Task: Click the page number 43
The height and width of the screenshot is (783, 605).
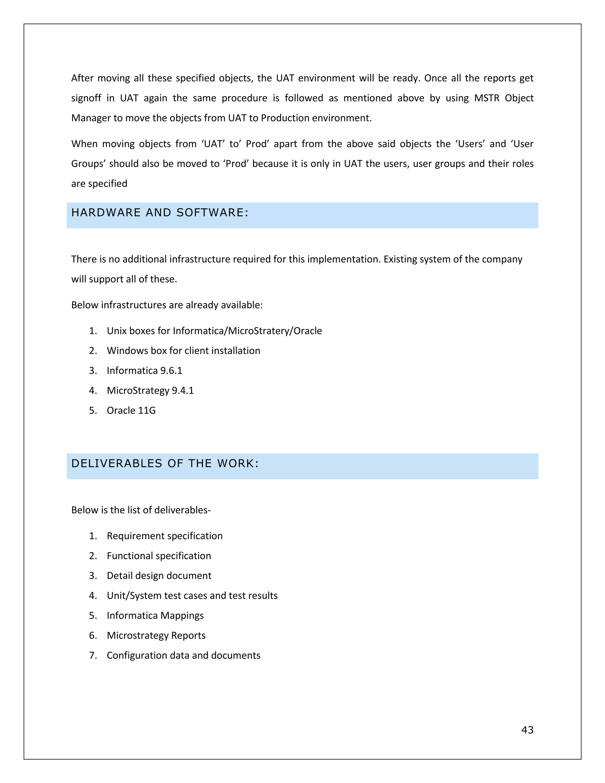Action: (527, 730)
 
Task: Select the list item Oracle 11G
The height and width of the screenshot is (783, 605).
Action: (131, 410)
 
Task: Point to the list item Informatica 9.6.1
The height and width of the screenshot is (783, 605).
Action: (144, 371)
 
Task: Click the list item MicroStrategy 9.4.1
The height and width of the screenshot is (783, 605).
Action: (150, 390)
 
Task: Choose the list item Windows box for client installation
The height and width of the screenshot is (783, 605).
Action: (183, 351)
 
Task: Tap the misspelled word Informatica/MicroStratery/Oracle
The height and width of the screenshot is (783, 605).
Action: (247, 331)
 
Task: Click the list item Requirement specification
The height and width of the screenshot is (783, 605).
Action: (165, 536)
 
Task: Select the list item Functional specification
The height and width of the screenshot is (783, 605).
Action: (159, 556)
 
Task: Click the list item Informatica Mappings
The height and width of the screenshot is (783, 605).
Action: (155, 615)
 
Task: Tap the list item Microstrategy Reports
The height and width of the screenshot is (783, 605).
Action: (156, 636)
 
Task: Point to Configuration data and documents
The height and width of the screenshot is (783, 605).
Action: (183, 655)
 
